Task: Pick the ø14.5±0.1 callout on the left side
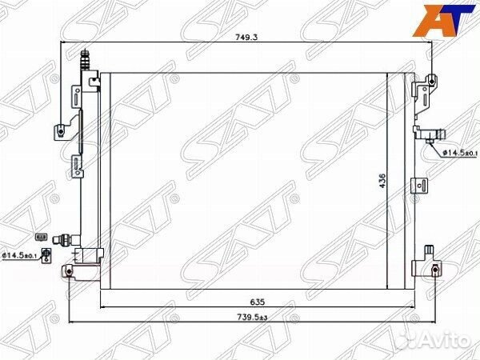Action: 19,255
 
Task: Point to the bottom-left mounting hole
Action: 70,272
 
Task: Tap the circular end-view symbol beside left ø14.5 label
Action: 46,254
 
